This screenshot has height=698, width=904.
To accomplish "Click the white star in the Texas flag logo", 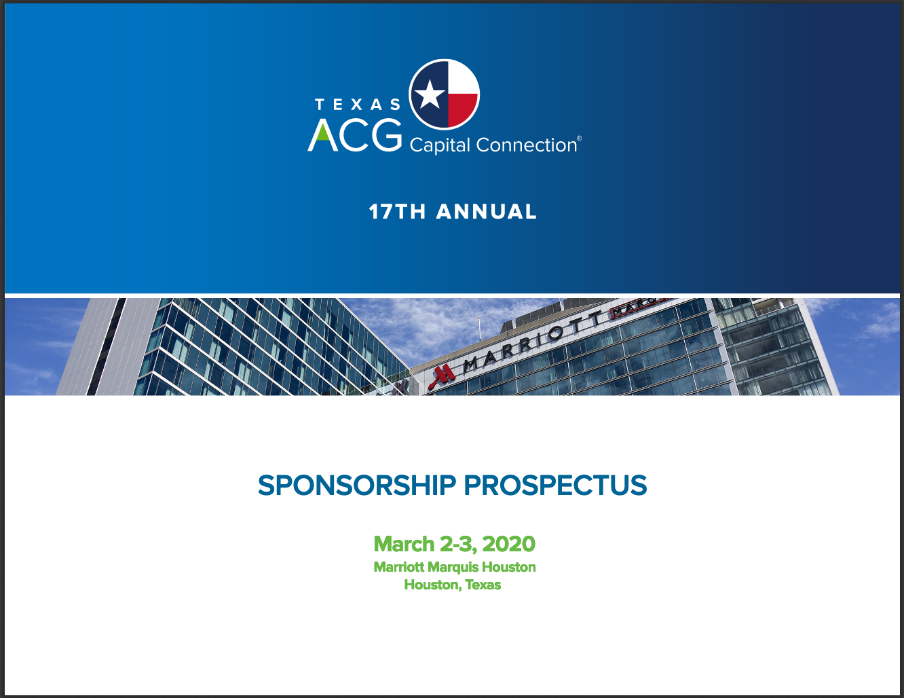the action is (430, 94).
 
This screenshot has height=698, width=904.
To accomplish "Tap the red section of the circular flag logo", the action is (461, 109).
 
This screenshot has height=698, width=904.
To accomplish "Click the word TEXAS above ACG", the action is (358, 105).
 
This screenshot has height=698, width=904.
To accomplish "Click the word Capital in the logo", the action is (440, 145).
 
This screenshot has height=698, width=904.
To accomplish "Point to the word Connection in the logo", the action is (526, 145).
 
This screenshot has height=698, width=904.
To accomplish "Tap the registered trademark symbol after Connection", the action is (579, 138).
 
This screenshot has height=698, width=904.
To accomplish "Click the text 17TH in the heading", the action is (397, 211).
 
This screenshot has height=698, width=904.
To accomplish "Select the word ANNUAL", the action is (487, 211).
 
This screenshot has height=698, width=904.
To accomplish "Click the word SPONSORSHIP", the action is (357, 485).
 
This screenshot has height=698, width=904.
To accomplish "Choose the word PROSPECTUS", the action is (555, 485).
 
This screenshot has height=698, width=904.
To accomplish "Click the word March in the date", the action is (404, 544).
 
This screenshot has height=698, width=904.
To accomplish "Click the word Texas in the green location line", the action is (483, 585).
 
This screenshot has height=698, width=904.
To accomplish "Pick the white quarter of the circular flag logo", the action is (462, 77).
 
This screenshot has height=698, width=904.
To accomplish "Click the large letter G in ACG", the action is (387, 135).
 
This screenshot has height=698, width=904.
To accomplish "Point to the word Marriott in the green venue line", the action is (399, 568).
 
